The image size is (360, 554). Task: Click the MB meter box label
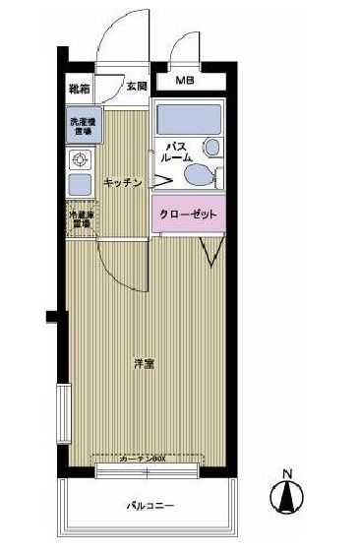pos(185,81)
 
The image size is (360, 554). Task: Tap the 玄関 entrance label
pos(137,88)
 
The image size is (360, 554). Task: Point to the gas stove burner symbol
pos(79,160)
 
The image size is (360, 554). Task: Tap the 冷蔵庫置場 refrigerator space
pos(80,218)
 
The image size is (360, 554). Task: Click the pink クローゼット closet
pos(189,214)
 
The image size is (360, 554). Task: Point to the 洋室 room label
pos(144,364)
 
